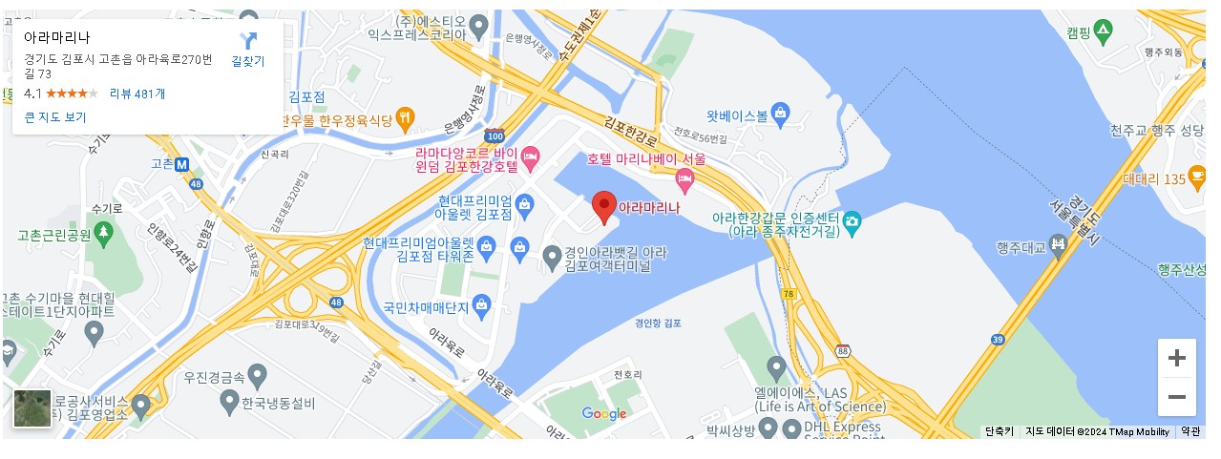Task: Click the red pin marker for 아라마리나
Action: pyautogui.click(x=603, y=205)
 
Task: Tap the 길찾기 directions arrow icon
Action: pyautogui.click(x=248, y=41)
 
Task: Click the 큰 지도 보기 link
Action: pyautogui.click(x=55, y=117)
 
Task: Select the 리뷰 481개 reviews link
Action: pyautogui.click(x=137, y=94)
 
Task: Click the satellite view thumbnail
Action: pyautogui.click(x=32, y=407)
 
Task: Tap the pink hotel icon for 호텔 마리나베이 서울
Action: pyautogui.click(x=684, y=177)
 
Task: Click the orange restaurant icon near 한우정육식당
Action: pyautogui.click(x=406, y=119)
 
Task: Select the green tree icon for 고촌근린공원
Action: pyautogui.click(x=103, y=233)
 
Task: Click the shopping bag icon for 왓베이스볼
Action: pyautogui.click(x=780, y=115)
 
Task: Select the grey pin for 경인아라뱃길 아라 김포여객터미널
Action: pyautogui.click(x=552, y=257)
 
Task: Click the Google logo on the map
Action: pyautogui.click(x=604, y=413)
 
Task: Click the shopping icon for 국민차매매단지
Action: pyautogui.click(x=481, y=306)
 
